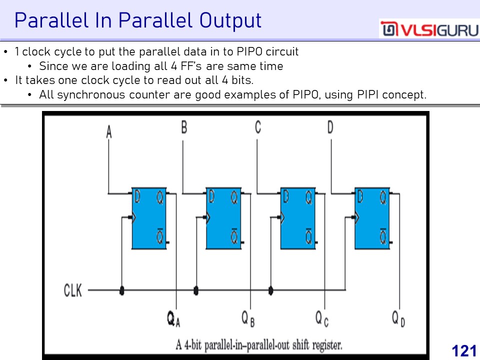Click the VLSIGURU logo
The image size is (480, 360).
point(429,29)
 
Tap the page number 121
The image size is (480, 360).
point(464,351)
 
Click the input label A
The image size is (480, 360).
point(109,132)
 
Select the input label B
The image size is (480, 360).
point(184,127)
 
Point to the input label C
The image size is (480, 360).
point(258,127)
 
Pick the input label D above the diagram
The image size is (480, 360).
point(330,127)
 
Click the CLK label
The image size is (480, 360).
point(73,290)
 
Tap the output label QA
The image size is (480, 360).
point(174,319)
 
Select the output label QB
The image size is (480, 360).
point(248,319)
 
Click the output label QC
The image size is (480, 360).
point(322,319)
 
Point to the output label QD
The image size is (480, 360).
point(398,319)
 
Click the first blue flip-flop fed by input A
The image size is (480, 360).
point(149,218)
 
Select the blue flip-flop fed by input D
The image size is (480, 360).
point(372,218)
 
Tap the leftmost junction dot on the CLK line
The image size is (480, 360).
point(122,290)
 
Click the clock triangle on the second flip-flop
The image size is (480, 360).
point(208,217)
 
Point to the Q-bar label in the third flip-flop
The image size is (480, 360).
point(308,235)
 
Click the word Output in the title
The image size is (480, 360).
point(230,21)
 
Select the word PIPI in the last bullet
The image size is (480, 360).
point(368,94)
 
